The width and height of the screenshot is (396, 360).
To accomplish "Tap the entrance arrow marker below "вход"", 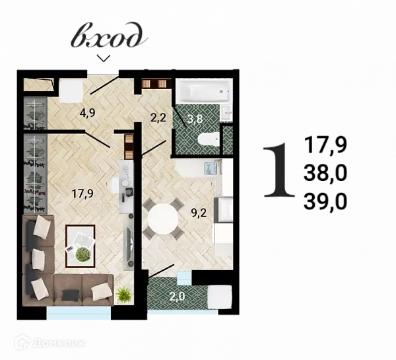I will pos(103,58).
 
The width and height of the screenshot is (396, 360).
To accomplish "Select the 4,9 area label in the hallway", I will pos(87,112).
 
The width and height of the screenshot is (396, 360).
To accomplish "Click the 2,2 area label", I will pos(158,118).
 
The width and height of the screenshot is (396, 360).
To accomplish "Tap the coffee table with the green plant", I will pos(81,244).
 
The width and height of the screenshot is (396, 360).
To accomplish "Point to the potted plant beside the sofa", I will pos(123,295).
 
